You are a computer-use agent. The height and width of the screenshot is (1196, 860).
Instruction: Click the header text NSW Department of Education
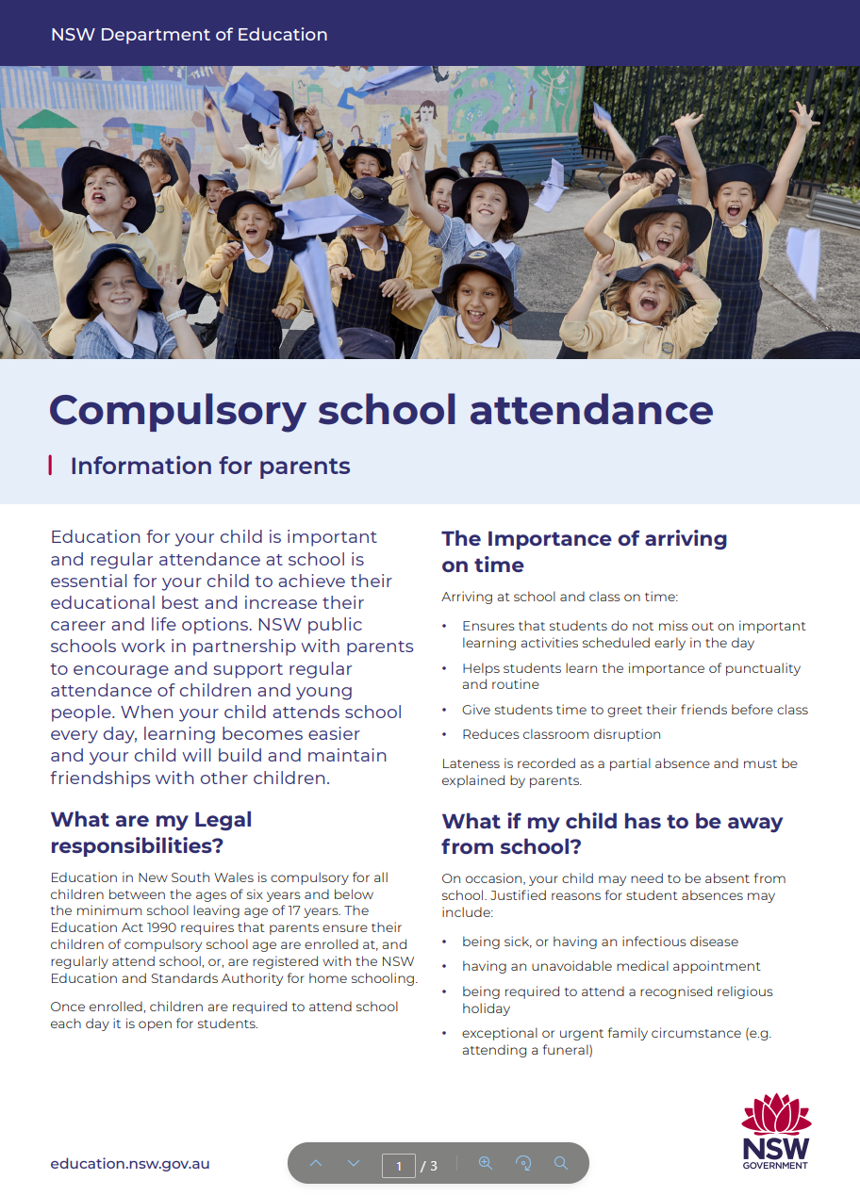(189, 35)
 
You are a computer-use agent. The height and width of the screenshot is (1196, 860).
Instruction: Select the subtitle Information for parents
(209, 466)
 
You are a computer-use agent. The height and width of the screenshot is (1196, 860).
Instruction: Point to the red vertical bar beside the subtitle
(50, 466)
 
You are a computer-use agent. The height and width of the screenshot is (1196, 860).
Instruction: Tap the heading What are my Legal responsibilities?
(151, 832)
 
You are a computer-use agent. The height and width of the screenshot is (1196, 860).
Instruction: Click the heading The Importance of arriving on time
(584, 551)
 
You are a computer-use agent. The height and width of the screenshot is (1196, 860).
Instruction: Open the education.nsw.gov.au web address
(130, 1164)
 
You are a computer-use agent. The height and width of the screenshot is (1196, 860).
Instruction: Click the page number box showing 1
(398, 1166)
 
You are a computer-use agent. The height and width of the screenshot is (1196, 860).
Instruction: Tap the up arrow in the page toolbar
(316, 1164)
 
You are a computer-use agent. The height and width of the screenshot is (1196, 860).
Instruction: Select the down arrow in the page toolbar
(354, 1164)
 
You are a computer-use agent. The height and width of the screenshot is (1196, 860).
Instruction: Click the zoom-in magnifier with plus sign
(486, 1164)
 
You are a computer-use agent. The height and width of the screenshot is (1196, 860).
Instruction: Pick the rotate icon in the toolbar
(523, 1164)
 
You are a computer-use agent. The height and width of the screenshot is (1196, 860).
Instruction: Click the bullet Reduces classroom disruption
(561, 734)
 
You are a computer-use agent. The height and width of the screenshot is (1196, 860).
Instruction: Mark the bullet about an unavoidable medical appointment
(611, 966)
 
